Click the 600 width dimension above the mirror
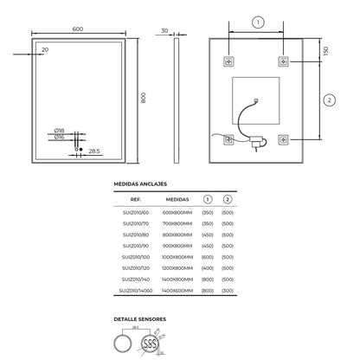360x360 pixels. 77,29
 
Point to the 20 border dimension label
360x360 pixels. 44,50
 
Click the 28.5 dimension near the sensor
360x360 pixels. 96,150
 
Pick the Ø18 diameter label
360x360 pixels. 60,131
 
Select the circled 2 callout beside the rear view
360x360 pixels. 328,100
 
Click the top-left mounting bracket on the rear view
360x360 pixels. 229,62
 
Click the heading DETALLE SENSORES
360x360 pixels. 140,318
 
